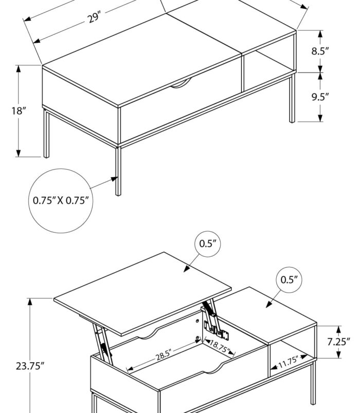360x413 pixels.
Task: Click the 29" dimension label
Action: coord(93,18)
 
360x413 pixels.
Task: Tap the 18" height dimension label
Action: coord(19,110)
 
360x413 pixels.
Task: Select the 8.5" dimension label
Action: coord(319,51)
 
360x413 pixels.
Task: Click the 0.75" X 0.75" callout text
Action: coord(61,200)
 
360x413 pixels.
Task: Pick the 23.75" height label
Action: coord(30,366)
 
